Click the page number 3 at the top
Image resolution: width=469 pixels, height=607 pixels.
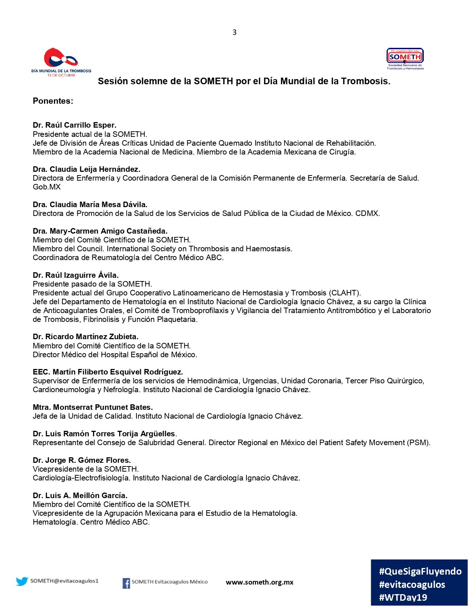point(234,32)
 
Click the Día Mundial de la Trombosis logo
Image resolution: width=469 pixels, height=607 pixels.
point(61,62)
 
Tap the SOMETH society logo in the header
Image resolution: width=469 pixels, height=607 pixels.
point(405,59)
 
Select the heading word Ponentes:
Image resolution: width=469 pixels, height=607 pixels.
point(53,101)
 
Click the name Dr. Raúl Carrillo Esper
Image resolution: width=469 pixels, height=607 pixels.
point(75,125)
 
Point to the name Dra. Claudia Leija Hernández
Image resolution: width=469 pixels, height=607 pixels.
point(86,169)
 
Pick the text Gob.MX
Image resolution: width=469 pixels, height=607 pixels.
point(47,187)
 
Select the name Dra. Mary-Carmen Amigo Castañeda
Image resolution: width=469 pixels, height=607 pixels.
point(100,231)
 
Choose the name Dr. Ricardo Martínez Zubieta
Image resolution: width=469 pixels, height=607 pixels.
point(86,337)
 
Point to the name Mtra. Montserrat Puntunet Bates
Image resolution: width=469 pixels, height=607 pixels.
point(93,407)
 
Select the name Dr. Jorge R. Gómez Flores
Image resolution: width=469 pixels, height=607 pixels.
point(82,460)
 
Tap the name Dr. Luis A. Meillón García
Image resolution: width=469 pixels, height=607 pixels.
point(80,496)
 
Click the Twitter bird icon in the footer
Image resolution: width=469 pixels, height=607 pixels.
point(22,581)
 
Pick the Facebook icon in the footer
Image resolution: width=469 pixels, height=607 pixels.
point(126,583)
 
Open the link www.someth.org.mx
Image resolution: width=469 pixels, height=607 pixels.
point(260,582)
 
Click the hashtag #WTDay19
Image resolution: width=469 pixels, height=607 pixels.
point(403,597)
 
